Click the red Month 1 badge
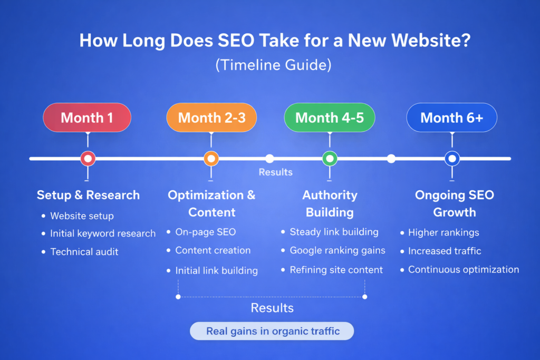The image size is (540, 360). [87, 118]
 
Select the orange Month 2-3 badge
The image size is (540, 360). [211, 118]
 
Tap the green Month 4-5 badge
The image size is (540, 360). [330, 118]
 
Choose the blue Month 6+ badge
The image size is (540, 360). [452, 118]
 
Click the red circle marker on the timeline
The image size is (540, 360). [88, 158]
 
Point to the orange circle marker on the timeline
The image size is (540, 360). [211, 158]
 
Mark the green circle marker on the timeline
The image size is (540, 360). [330, 158]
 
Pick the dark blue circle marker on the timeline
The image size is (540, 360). [452, 158]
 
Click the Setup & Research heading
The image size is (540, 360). [88, 195]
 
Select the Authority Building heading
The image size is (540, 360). [330, 203]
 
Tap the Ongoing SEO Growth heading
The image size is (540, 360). [454, 203]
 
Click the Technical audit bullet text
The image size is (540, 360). [84, 251]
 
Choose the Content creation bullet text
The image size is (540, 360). [213, 250]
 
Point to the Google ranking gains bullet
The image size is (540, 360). [337, 250]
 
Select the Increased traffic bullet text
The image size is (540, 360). [445, 251]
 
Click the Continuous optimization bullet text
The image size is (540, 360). [464, 269]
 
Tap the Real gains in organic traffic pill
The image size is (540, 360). [272, 331]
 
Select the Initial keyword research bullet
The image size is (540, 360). [103, 233]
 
